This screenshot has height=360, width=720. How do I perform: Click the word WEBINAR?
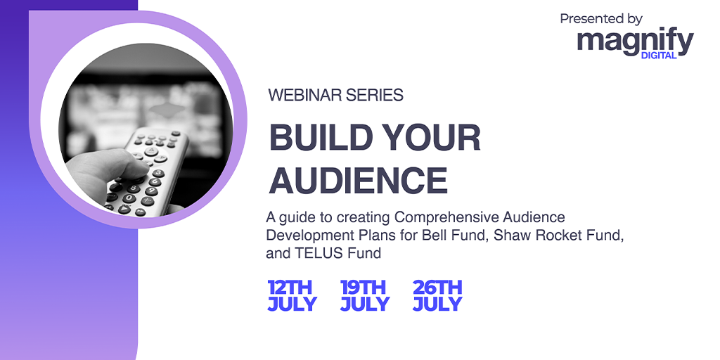pyautogui.click(x=305, y=95)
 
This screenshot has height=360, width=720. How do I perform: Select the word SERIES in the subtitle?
pyautogui.click(x=375, y=95)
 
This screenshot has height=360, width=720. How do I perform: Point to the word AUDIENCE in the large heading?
pyautogui.click(x=358, y=181)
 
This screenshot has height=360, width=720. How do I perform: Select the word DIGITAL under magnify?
pyautogui.click(x=658, y=56)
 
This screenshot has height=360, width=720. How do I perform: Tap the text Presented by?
pyautogui.click(x=601, y=19)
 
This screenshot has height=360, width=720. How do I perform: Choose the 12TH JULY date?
pyautogui.click(x=292, y=296)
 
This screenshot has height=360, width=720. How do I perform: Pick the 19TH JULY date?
pyautogui.click(x=365, y=296)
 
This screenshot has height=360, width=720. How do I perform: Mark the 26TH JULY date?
pyautogui.click(x=437, y=296)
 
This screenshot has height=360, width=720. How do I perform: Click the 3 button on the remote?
pyautogui.click(x=158, y=173)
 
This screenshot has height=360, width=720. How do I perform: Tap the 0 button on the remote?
pyautogui.click(x=129, y=198)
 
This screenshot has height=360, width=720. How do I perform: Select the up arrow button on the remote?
pyautogui.click(x=151, y=150)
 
